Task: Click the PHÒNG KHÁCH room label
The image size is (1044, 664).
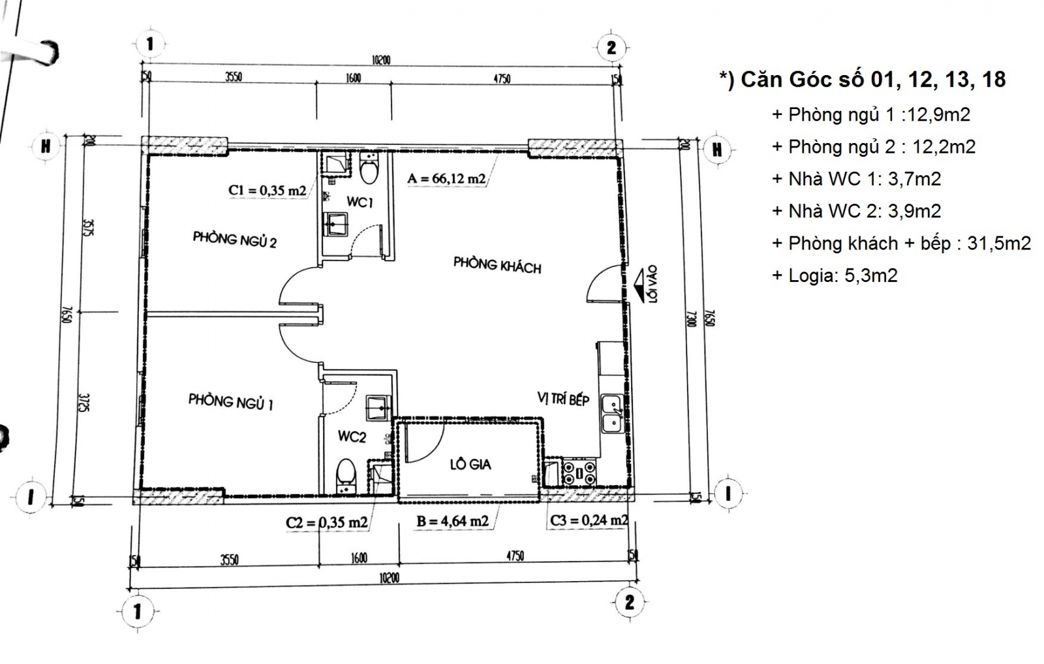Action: point(497,265)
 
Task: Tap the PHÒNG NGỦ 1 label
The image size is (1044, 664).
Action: point(230,401)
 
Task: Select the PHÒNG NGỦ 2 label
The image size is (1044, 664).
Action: point(234,240)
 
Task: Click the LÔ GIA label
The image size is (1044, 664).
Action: point(470,465)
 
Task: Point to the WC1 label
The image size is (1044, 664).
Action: point(360,202)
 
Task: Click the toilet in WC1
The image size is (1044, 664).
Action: point(369,168)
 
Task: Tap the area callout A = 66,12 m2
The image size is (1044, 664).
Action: point(446,178)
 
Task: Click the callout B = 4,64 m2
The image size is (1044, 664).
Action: point(452,522)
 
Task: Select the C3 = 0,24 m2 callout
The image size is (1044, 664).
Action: point(589,520)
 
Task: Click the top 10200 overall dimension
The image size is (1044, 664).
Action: point(381,60)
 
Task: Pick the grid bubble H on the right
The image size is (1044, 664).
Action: point(717,150)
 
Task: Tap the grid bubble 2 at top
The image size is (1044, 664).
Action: point(611,48)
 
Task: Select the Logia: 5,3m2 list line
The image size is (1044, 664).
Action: point(835,276)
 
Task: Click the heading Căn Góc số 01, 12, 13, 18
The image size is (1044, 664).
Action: point(863,80)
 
